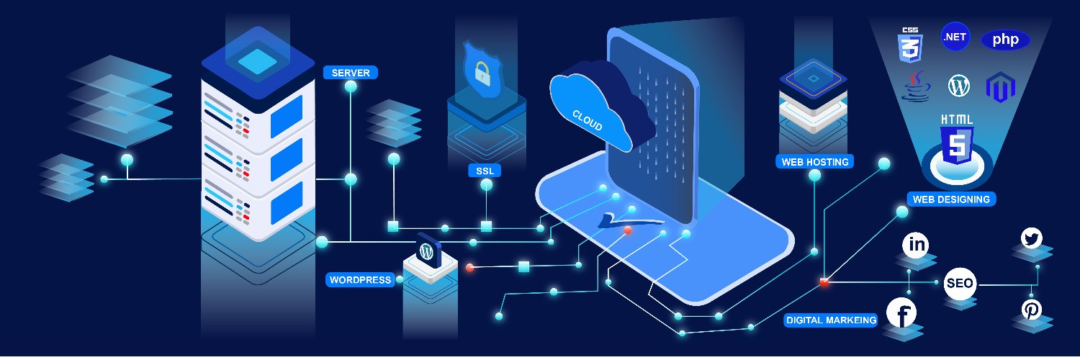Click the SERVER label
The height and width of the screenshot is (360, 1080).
coord(351,73)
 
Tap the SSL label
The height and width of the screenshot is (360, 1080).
coord(485,171)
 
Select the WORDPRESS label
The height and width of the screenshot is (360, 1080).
coord(360,279)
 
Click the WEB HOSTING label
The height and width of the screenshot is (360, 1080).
coord(815,161)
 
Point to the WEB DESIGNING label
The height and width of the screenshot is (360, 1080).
coord(951,199)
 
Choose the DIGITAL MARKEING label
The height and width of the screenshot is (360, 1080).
coord(831,320)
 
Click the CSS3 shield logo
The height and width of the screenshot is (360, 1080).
coord(909,44)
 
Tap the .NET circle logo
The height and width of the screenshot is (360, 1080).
coord(955,37)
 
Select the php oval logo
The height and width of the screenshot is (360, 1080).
coord(1005,40)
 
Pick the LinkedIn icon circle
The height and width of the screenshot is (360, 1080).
coord(917,245)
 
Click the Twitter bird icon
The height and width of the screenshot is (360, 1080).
coord(1032,238)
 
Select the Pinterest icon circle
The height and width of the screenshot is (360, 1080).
coord(1031,310)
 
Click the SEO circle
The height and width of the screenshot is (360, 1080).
coord(960,284)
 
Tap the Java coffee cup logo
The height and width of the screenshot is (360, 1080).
coord(913,86)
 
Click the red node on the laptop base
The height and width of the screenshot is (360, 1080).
coord(628,230)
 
